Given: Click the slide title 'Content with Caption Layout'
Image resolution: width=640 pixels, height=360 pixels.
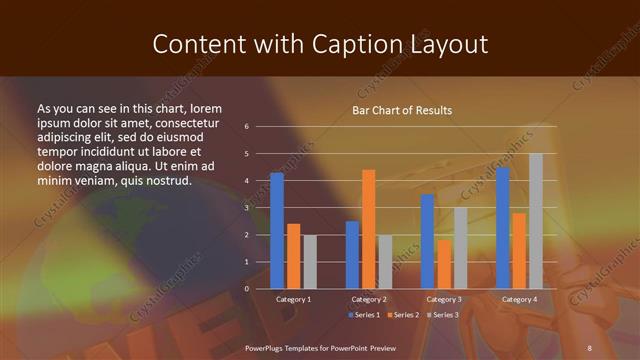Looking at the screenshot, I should (x=319, y=44).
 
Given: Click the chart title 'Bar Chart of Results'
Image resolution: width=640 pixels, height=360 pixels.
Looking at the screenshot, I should (x=402, y=110).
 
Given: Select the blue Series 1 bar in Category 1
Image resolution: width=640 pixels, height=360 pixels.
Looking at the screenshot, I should (x=277, y=231).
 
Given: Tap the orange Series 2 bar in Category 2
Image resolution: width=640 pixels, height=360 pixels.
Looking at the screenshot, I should (x=368, y=229).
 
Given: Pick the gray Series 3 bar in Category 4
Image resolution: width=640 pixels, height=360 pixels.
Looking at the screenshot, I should (x=536, y=221).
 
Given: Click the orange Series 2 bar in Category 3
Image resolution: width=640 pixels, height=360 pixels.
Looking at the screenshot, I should (x=443, y=264).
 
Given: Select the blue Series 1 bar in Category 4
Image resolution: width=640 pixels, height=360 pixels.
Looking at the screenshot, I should (x=502, y=228).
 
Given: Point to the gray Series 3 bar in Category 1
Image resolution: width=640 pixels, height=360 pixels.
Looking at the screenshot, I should (x=309, y=262).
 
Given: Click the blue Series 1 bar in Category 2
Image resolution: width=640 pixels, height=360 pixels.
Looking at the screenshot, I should (x=352, y=255).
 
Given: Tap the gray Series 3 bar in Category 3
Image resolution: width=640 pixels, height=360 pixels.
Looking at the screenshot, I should (x=460, y=248).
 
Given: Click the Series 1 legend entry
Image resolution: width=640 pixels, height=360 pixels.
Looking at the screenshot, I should (x=363, y=315).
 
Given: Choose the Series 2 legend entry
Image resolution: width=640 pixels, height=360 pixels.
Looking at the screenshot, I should (x=402, y=315).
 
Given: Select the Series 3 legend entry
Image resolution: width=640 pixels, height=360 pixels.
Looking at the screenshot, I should (x=441, y=315).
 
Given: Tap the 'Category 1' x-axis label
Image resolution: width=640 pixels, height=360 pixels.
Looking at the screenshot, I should (x=293, y=299).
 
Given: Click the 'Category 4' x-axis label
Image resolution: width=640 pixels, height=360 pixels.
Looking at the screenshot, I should (x=518, y=299).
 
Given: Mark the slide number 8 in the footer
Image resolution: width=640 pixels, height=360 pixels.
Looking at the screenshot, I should (x=590, y=346).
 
